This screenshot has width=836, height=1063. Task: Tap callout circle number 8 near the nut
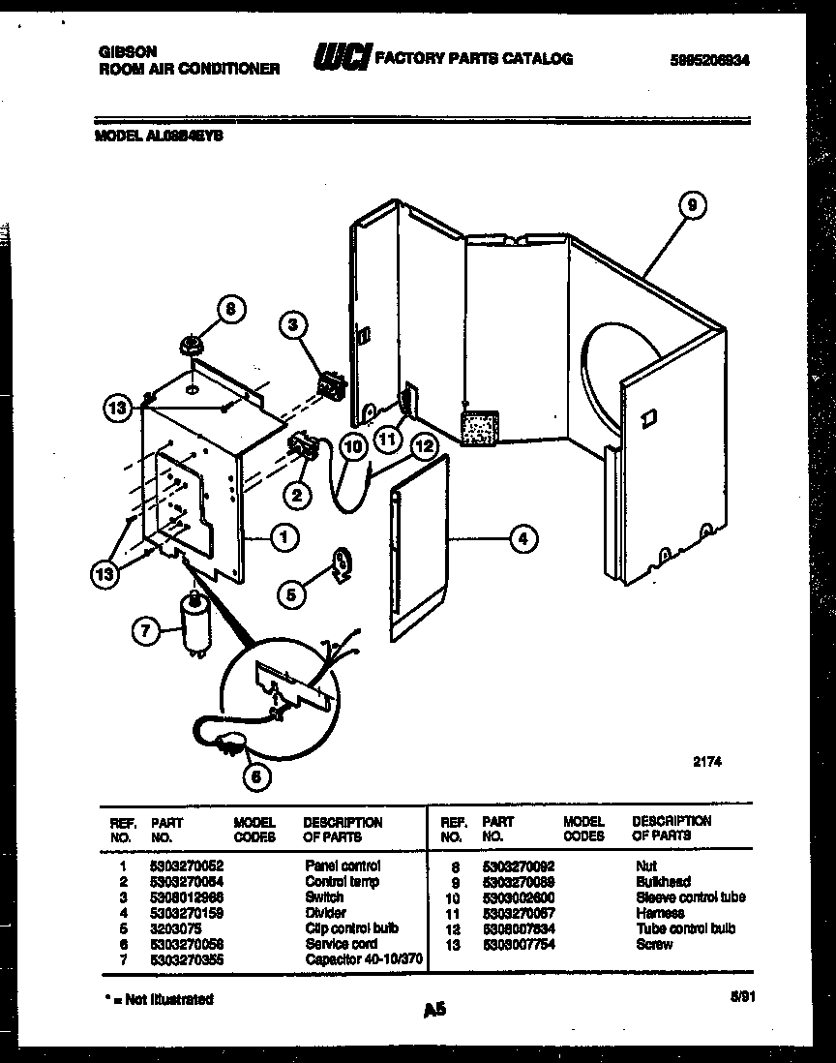(x=229, y=310)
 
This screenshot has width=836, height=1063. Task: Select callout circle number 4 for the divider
(x=522, y=539)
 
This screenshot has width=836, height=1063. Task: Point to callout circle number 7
(x=144, y=631)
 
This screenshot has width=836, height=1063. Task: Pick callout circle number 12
(x=423, y=446)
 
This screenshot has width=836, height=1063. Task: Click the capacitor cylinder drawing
(x=197, y=627)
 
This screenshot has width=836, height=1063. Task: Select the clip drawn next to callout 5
(x=342, y=563)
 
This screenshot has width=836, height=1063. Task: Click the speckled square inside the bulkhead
(x=477, y=427)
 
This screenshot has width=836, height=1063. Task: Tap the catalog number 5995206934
(x=709, y=60)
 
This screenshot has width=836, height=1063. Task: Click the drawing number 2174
(x=707, y=762)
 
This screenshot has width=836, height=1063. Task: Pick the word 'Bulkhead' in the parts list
(x=663, y=881)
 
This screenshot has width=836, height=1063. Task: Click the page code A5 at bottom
(x=434, y=1010)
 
